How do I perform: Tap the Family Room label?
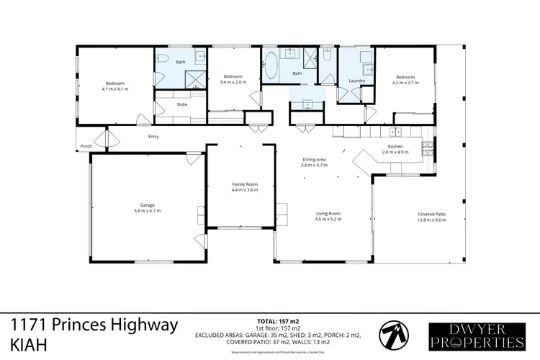point(244,184)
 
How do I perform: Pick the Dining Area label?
point(314,161)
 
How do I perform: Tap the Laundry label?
point(356,81)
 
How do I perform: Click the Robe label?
point(182,105)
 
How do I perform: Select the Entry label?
point(153,137)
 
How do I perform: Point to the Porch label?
point(86,145)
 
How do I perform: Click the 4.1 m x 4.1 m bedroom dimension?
point(115,89)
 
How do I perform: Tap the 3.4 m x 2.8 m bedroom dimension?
point(233,82)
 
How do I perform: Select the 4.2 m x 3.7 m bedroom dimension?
point(405,82)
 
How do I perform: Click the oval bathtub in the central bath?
point(271,65)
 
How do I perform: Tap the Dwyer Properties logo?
point(476,334)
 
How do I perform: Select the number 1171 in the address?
point(26,325)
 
